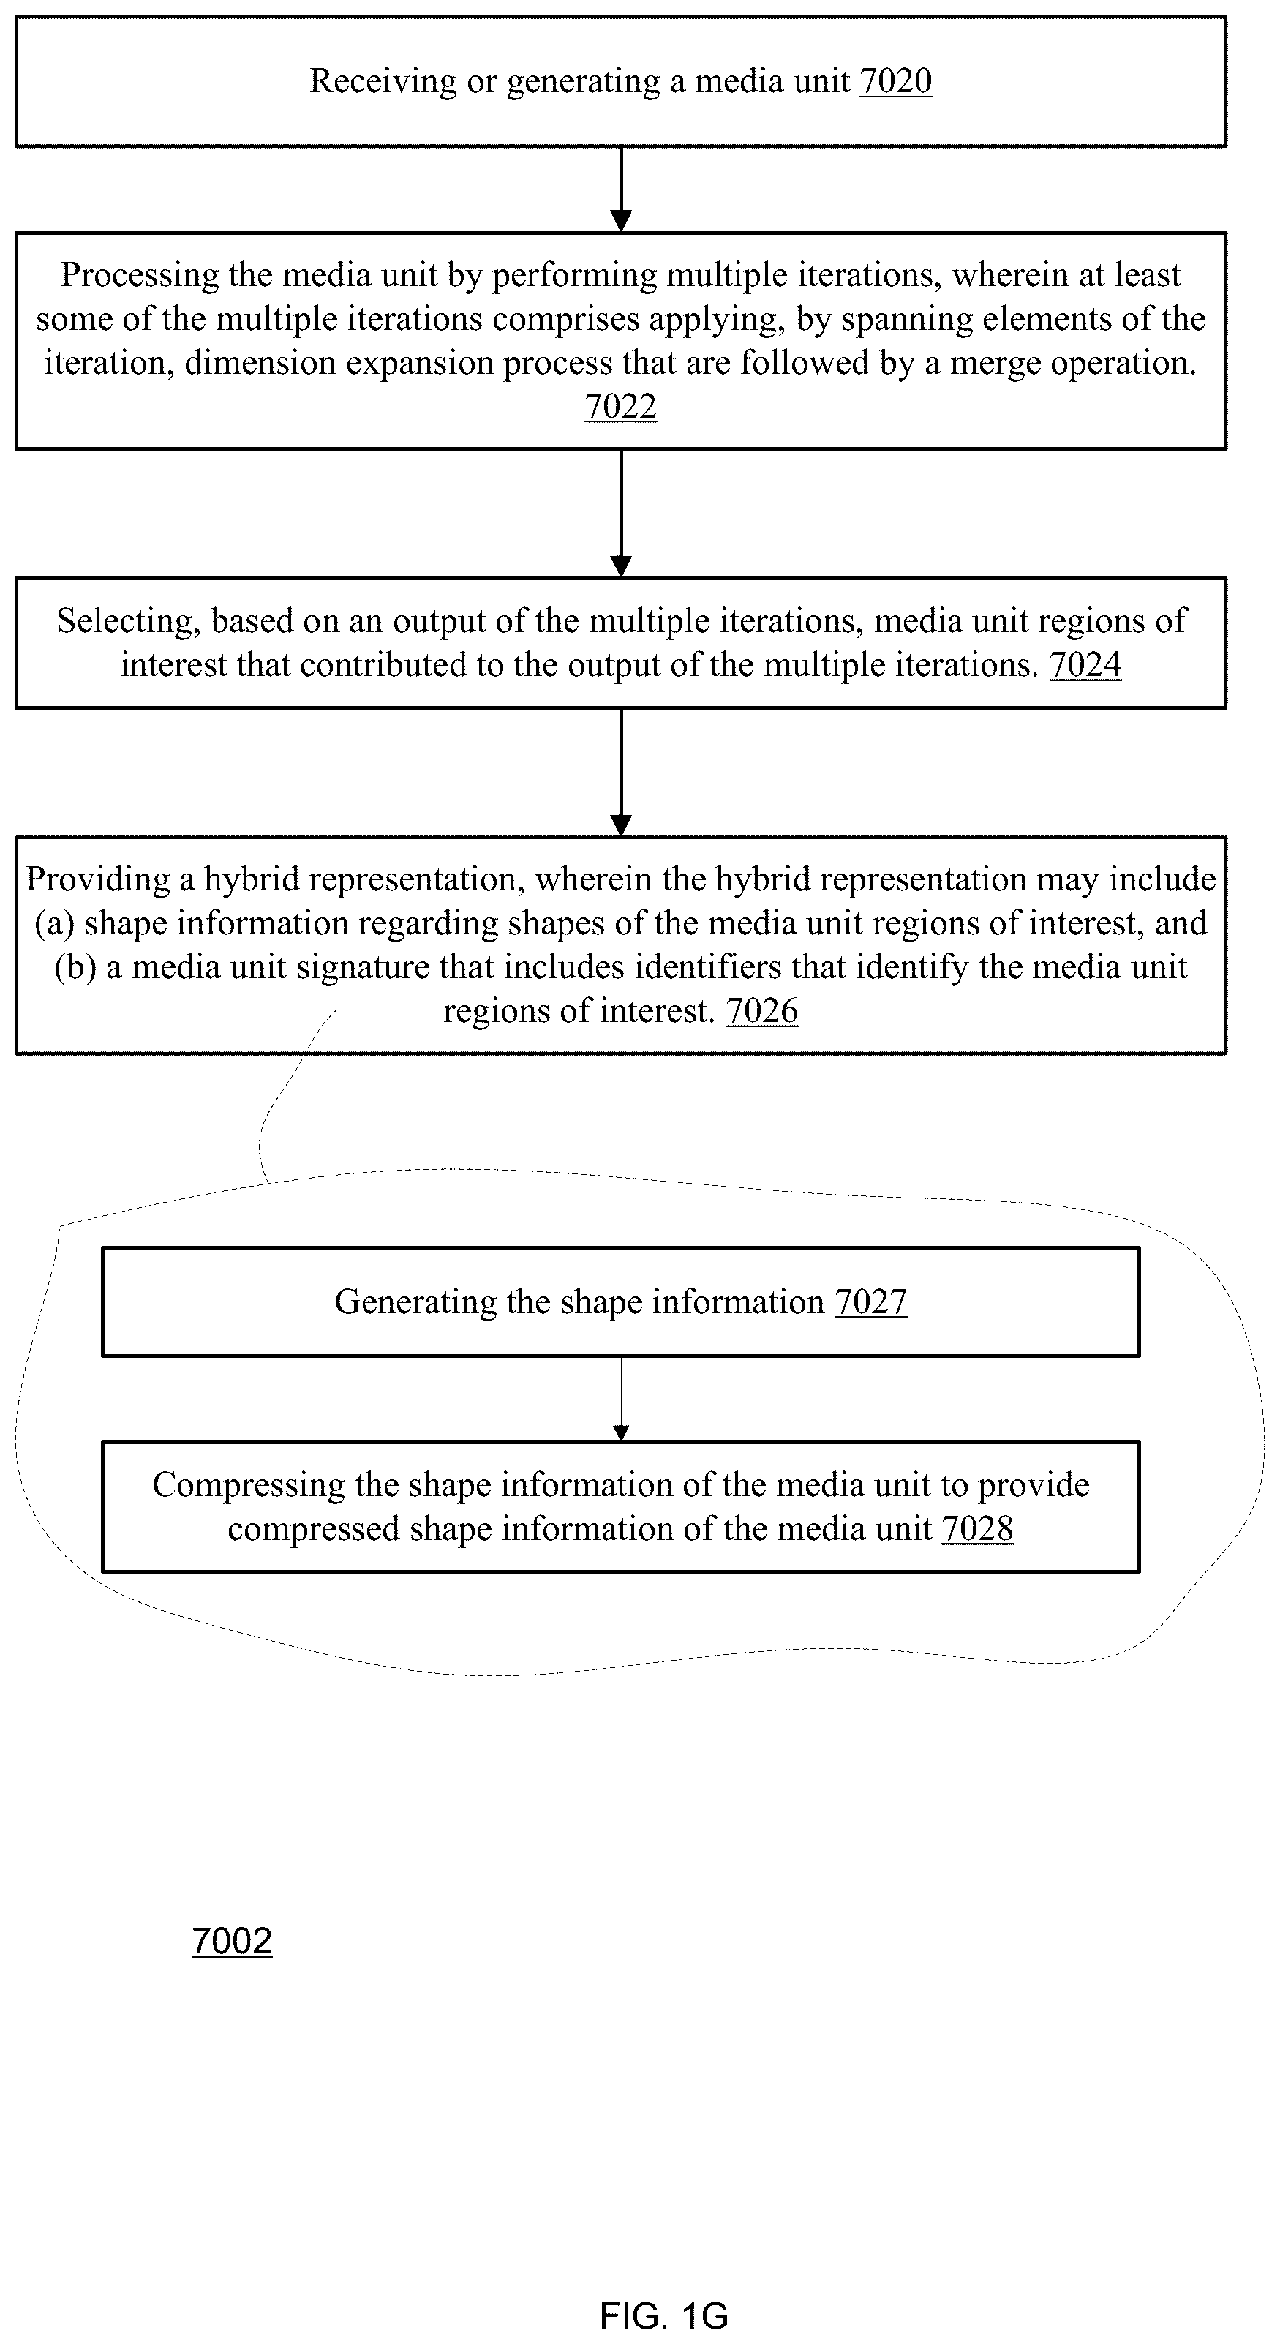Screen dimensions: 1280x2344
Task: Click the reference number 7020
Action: [896, 81]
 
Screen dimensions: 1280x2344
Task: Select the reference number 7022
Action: [620, 407]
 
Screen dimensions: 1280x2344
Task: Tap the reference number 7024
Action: [1085, 665]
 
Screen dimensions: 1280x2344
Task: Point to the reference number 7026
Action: [762, 1011]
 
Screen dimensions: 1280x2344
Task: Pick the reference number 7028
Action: [978, 1529]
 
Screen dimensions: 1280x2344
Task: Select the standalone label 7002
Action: [232, 1941]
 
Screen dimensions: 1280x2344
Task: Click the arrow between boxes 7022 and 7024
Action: [620, 513]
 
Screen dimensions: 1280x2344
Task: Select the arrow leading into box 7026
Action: [620, 773]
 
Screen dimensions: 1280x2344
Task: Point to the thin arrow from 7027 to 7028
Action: [620, 1400]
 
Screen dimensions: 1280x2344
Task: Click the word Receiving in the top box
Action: [383, 82]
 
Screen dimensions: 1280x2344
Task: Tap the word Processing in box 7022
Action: [140, 276]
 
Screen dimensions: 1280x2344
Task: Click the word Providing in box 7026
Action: [97, 880]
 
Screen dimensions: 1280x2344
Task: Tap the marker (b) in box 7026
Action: [75, 967]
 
